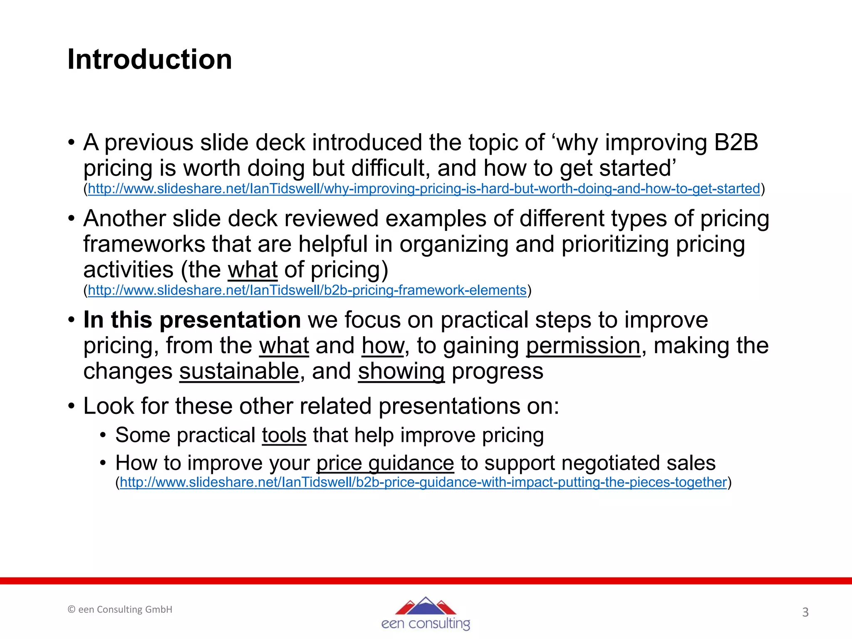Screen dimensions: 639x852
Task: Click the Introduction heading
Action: pyautogui.click(x=150, y=59)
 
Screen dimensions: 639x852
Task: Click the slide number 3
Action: pyautogui.click(x=805, y=612)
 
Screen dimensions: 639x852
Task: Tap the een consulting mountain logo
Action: pyautogui.click(x=426, y=614)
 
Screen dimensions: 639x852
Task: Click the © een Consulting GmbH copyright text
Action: pyautogui.click(x=120, y=609)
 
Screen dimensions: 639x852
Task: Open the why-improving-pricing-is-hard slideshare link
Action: pyautogui.click(x=424, y=189)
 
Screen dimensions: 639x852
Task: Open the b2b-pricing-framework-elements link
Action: pyautogui.click(x=307, y=290)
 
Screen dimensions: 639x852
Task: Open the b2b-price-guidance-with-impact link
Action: pyautogui.click(x=423, y=482)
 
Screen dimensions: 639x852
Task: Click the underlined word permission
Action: pyautogui.click(x=583, y=346)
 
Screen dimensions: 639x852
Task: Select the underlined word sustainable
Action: pyautogui.click(x=239, y=371)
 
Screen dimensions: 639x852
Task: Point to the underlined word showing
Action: pyautogui.click(x=401, y=371)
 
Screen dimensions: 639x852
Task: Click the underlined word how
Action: pyautogui.click(x=383, y=346)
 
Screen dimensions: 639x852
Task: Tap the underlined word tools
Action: pyautogui.click(x=284, y=435)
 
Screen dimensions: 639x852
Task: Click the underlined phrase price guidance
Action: pyautogui.click(x=385, y=463)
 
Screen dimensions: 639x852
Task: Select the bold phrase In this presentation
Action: pyautogui.click(x=192, y=320)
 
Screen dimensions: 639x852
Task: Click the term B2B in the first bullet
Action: pyautogui.click(x=736, y=143)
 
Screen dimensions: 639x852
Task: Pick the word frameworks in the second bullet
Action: pyautogui.click(x=144, y=244)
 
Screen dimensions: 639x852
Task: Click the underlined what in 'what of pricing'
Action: pyautogui.click(x=253, y=270)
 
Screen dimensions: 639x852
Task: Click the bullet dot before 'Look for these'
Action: pyautogui.click(x=72, y=406)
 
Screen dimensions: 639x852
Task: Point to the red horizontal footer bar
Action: pyautogui.click(x=426, y=581)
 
